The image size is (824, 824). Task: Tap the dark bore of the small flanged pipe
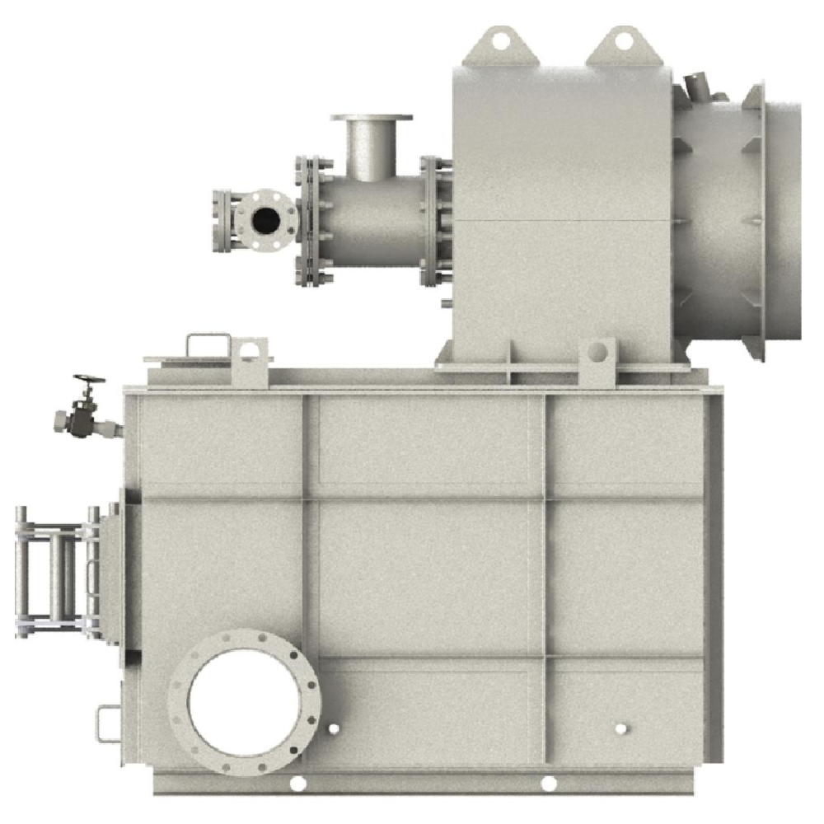click(265, 219)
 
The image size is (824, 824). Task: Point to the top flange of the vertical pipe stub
click(372, 118)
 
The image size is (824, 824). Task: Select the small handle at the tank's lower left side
click(106, 723)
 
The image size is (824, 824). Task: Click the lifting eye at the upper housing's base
click(597, 355)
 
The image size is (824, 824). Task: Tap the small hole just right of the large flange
click(333, 729)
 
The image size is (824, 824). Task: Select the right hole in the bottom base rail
click(548, 784)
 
